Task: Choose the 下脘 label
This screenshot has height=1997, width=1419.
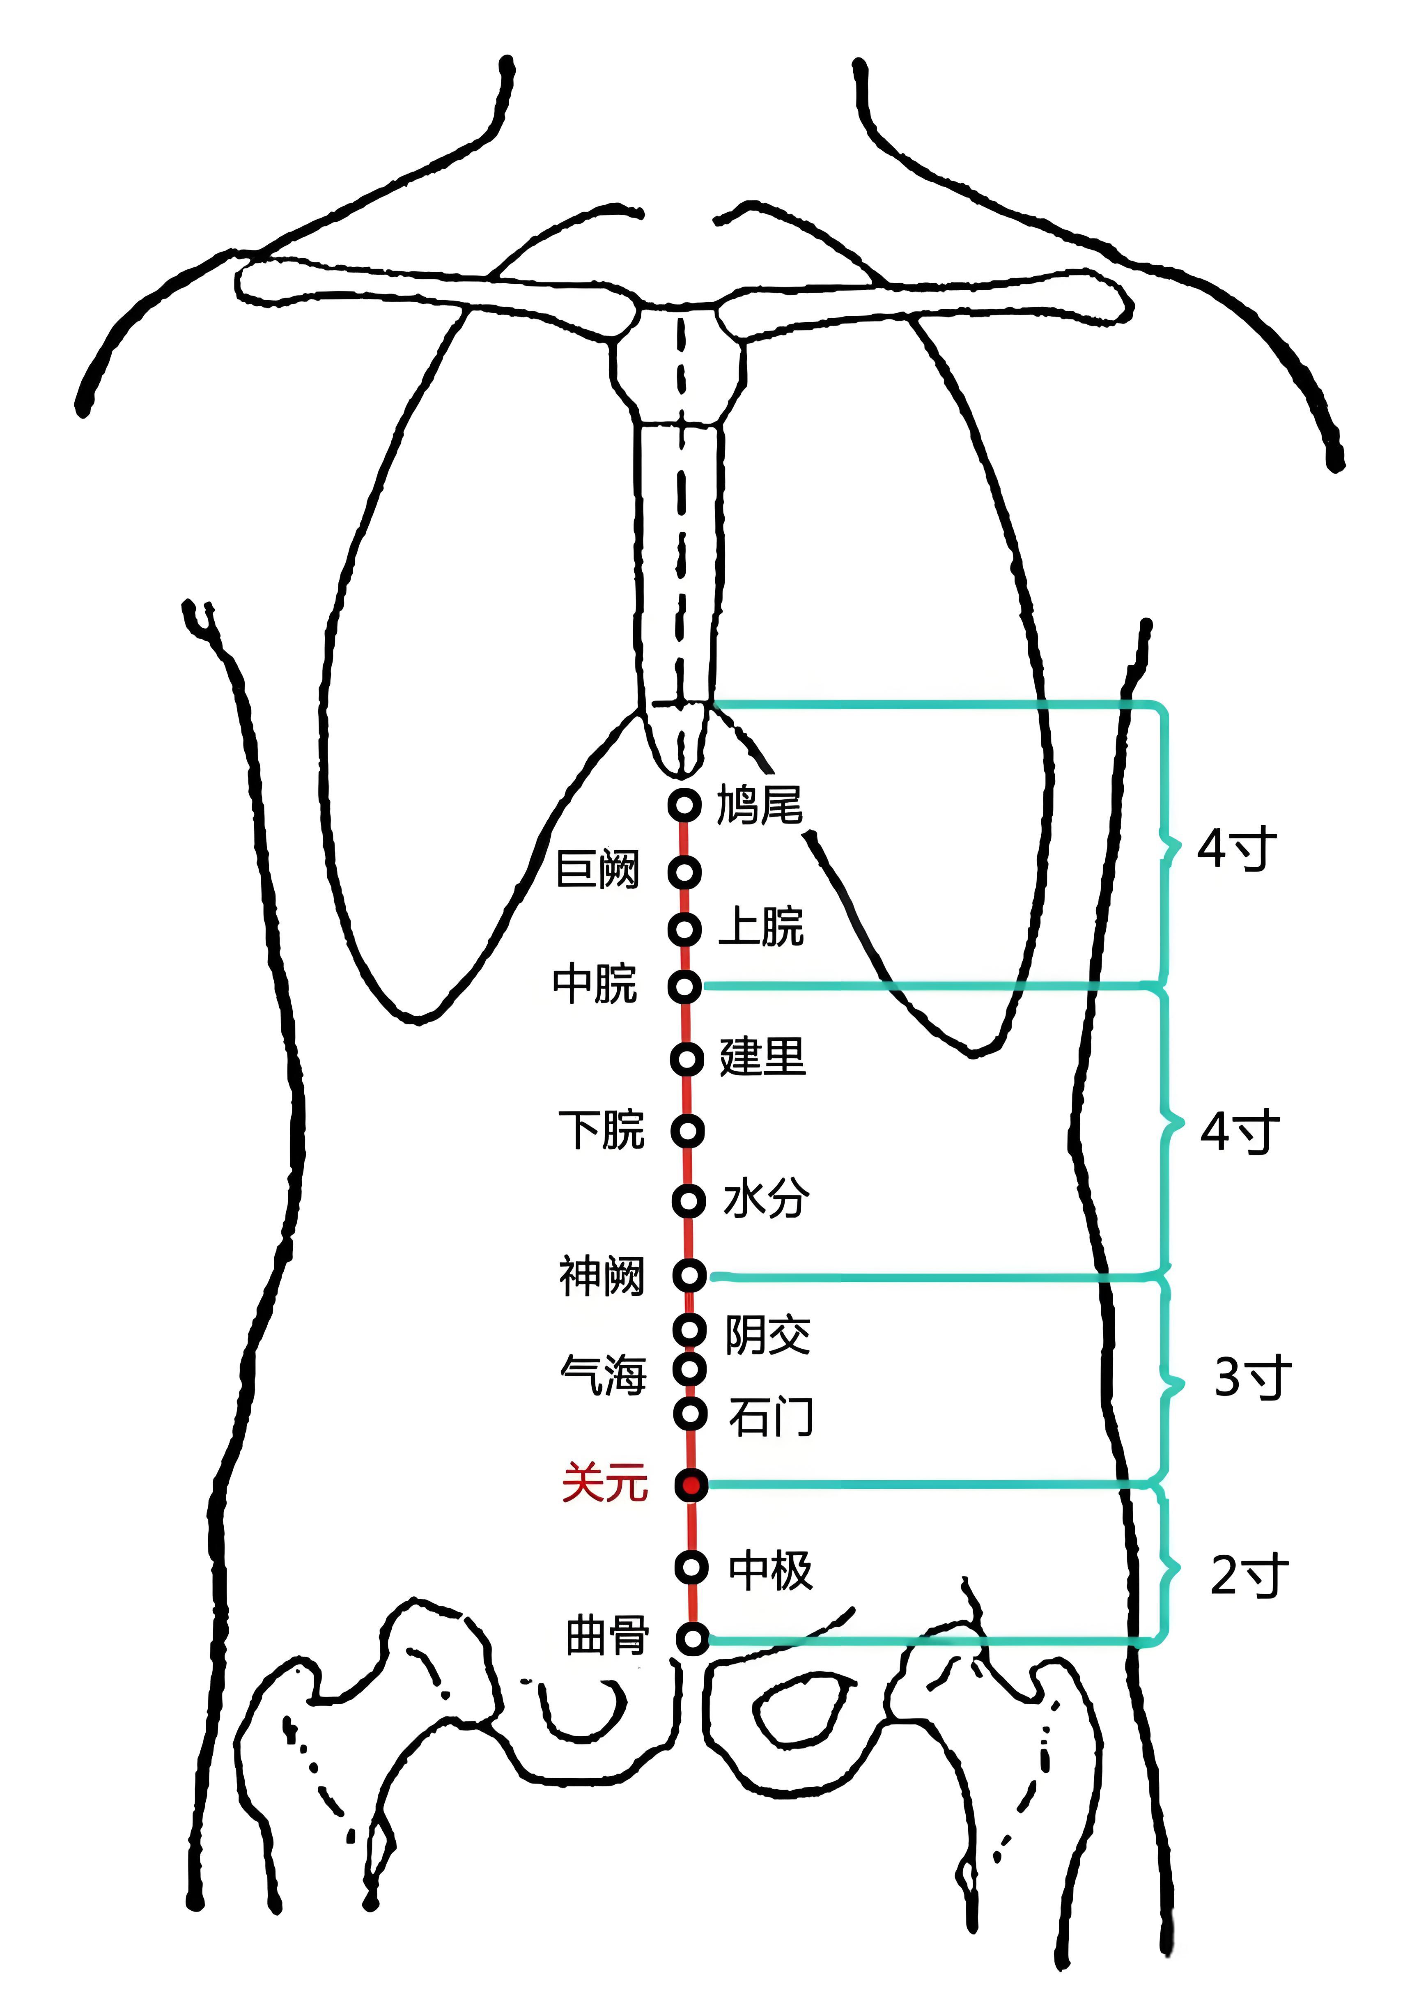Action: coord(601,1130)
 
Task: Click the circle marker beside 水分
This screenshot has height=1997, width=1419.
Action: coord(689,1201)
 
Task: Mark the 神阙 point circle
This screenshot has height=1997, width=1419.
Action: coord(689,1274)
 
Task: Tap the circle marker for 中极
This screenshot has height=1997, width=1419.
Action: coord(691,1567)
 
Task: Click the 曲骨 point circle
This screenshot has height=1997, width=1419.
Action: coord(692,1639)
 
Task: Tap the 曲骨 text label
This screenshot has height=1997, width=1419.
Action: coord(607,1635)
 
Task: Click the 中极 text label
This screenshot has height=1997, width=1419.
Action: coord(771,1570)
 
